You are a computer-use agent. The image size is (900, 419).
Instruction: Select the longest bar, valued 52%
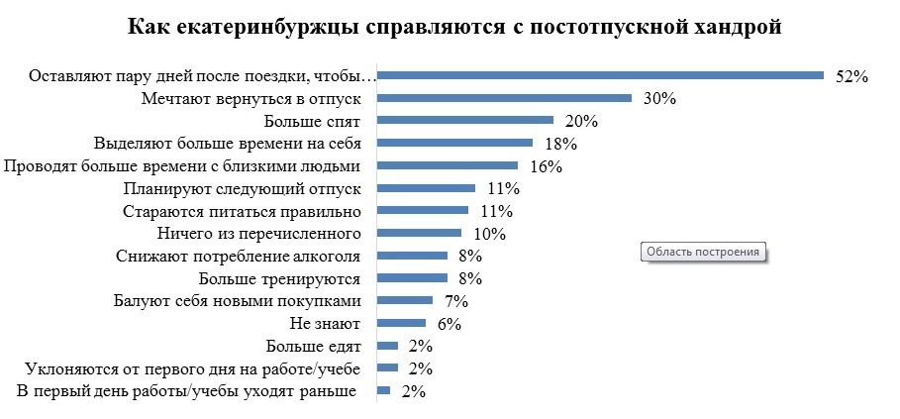[600, 74]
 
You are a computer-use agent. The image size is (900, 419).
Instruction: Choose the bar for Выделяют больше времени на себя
[455, 144]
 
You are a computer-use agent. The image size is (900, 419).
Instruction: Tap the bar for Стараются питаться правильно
[423, 210]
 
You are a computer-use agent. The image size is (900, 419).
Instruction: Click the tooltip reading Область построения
[704, 253]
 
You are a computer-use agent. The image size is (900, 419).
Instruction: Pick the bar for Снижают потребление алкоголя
[413, 256]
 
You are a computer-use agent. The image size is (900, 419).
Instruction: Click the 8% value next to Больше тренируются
[469, 278]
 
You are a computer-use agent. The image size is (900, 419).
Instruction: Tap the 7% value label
[455, 301]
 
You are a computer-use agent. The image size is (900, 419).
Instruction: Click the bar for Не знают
[402, 323]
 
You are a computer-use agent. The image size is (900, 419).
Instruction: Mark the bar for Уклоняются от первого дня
[388, 368]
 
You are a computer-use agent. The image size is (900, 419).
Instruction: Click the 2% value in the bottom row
[413, 391]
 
